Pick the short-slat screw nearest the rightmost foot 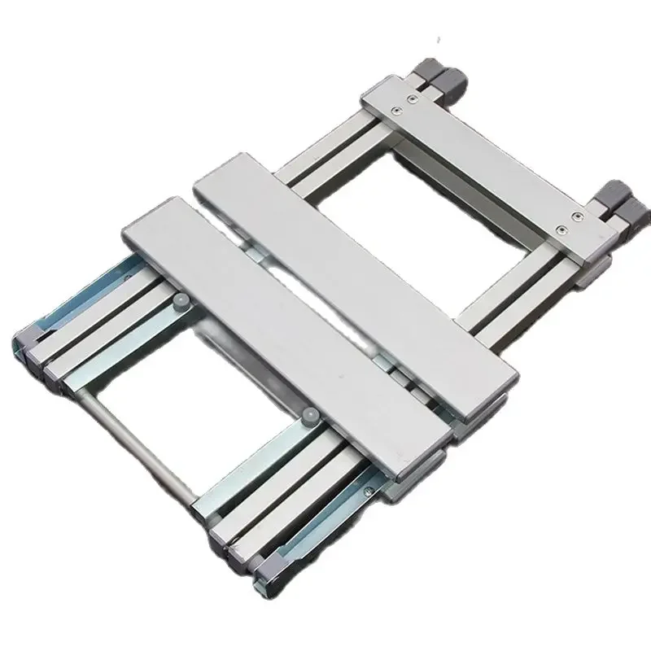click(x=575, y=217)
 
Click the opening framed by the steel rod click(x=203, y=382)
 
